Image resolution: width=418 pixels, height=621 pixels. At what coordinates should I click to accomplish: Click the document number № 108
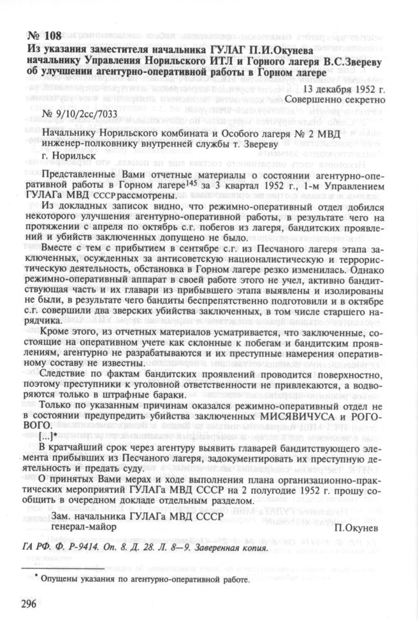click(x=43, y=34)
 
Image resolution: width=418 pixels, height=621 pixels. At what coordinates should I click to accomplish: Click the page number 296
click(x=31, y=604)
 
